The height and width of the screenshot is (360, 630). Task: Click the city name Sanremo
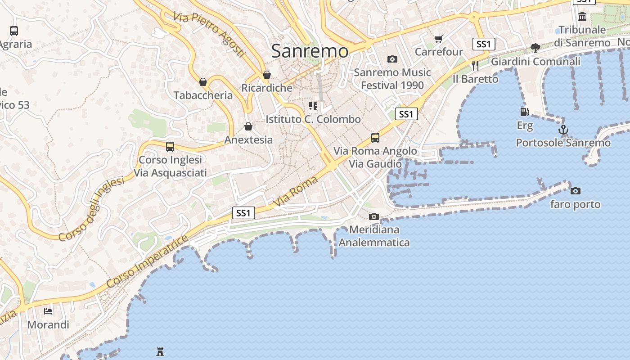310,51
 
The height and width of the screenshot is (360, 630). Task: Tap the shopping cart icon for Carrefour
439,39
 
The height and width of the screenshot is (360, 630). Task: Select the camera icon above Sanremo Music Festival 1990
392,59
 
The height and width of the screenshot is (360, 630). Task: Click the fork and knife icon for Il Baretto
475,66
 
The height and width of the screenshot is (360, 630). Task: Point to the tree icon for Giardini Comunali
535,48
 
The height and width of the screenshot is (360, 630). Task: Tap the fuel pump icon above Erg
524,112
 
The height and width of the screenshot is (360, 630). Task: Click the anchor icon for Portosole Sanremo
563,130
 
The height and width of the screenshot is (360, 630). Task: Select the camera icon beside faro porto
575,191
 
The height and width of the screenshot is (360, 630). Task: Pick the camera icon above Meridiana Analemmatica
373,216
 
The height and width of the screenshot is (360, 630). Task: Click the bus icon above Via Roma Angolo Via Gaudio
375,138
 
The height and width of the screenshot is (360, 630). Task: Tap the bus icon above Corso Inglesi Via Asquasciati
170,146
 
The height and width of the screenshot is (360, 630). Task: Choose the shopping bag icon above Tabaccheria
203,82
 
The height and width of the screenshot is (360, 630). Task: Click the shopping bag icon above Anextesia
248,126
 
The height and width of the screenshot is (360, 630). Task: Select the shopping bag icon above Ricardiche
267,75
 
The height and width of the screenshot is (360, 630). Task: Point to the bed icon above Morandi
48,311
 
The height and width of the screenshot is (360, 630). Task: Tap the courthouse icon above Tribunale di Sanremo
582,17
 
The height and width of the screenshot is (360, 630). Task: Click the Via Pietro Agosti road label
210,35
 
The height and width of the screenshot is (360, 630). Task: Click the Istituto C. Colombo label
313,119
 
